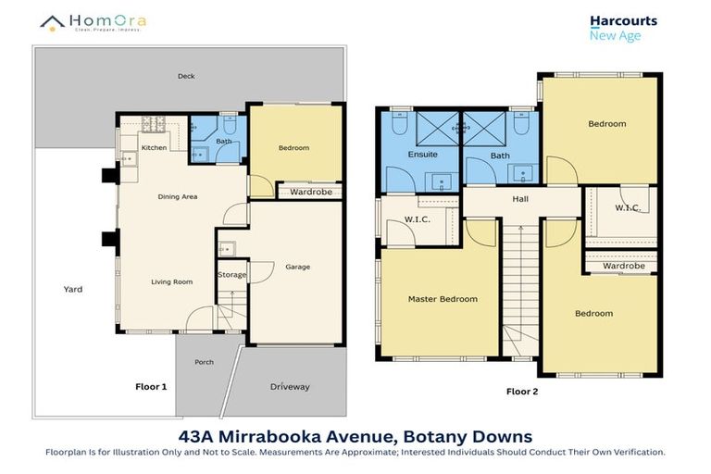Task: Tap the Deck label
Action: point(186,77)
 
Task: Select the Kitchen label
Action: point(153,147)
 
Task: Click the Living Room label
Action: point(172,281)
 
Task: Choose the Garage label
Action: point(297,267)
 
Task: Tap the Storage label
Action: point(232,275)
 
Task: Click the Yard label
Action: point(73,289)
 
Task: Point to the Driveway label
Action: point(290,386)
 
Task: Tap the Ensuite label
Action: point(423,154)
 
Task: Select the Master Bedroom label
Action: point(443,299)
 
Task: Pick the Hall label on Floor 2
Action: point(519,197)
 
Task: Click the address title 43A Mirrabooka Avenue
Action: point(355,435)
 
